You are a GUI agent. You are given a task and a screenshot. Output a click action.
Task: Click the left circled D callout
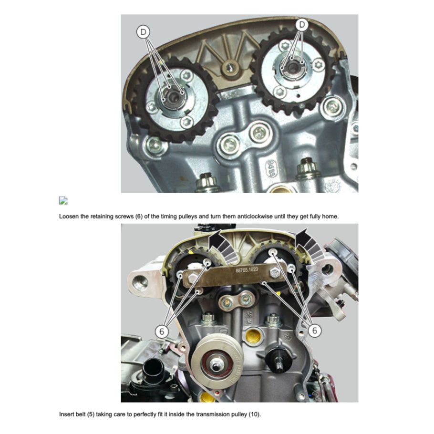point(143,32)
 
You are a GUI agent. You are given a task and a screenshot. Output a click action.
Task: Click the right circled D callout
point(302,25)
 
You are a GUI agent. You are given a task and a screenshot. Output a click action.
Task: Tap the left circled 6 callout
point(162,331)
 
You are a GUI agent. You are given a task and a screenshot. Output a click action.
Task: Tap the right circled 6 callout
point(314,330)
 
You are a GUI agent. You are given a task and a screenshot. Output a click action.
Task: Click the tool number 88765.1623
point(247,269)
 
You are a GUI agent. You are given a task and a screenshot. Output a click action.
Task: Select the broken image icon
point(63,200)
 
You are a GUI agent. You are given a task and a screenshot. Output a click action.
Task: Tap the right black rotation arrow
point(309,245)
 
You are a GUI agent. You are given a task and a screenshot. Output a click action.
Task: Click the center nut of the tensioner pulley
point(216,365)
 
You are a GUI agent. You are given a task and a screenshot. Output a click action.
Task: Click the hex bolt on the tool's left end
point(192,278)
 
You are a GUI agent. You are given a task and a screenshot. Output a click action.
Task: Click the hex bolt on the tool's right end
point(275,273)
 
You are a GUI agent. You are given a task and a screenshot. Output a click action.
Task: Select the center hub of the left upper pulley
point(174,97)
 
